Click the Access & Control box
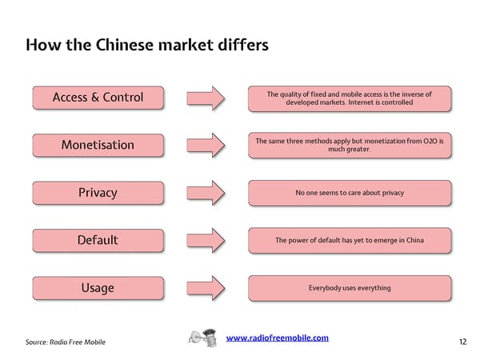point(98,98)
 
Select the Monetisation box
point(98,145)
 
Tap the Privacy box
point(98,192)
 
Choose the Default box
point(98,240)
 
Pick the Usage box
point(98,287)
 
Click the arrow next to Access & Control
point(206,98)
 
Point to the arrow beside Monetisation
point(206,145)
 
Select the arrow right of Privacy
point(206,192)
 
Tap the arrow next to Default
point(206,240)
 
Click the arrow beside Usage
point(206,287)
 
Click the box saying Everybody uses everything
point(350,287)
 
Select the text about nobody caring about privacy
point(350,193)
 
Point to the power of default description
point(350,240)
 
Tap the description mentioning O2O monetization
point(350,145)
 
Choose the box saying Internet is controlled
point(350,98)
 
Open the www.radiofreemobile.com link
point(278,338)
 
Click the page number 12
point(462,342)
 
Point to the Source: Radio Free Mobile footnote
point(65,342)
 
